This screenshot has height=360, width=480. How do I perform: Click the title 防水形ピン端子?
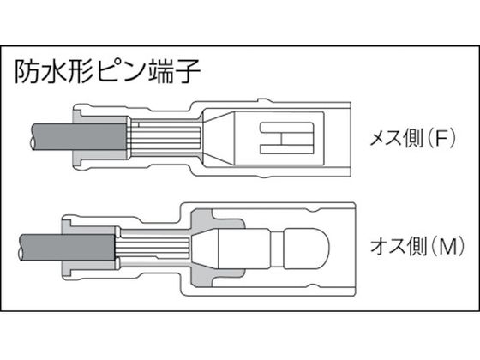point(108,72)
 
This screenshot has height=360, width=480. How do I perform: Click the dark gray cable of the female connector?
point(79,136)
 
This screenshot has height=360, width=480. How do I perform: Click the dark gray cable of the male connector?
point(67,248)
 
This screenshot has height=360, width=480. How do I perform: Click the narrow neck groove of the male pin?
point(278,249)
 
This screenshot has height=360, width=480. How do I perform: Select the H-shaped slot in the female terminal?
point(287,138)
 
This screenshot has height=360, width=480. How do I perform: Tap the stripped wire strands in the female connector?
point(165,137)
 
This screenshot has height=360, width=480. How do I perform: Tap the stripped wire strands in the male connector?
point(153,248)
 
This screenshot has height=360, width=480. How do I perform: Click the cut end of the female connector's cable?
point(33,137)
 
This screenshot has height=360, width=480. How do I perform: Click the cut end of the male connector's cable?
point(21,248)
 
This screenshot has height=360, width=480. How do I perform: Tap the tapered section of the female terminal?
point(219,138)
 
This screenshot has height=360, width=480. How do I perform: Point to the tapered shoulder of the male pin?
point(205,248)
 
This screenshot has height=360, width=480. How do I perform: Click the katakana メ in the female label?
point(378,139)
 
